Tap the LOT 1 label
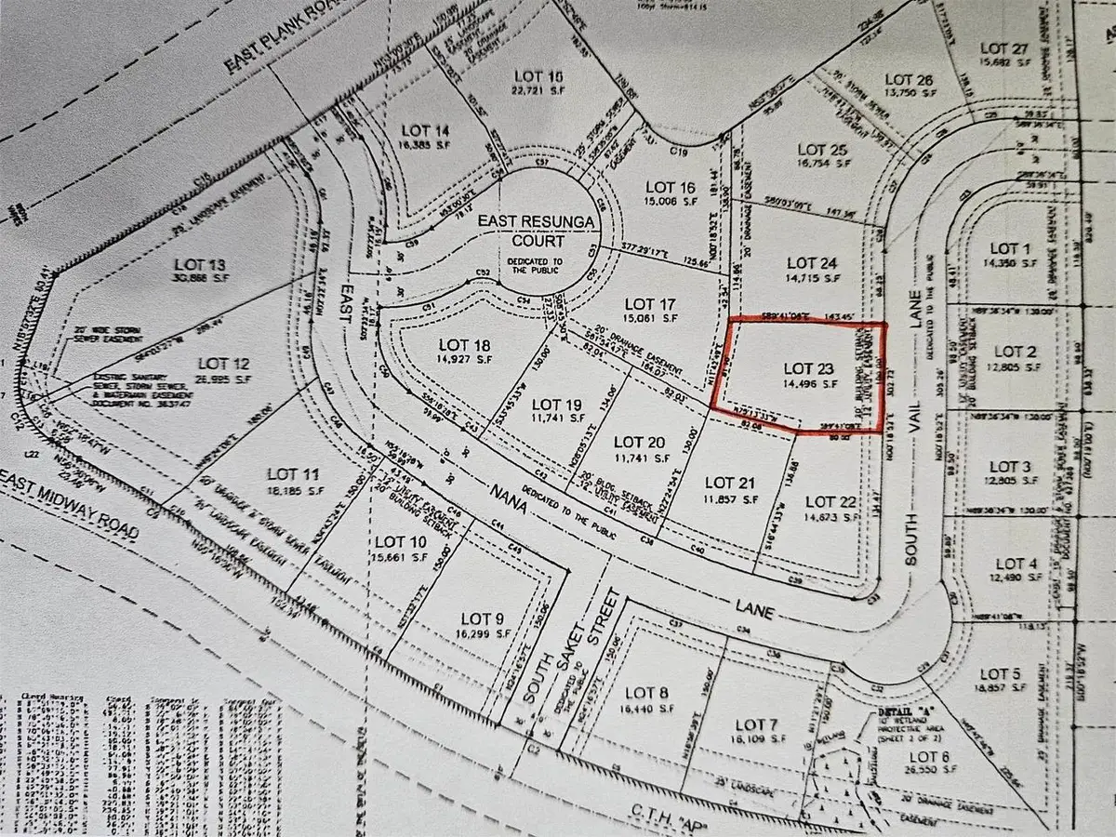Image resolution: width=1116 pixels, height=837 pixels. tap(1004, 248)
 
